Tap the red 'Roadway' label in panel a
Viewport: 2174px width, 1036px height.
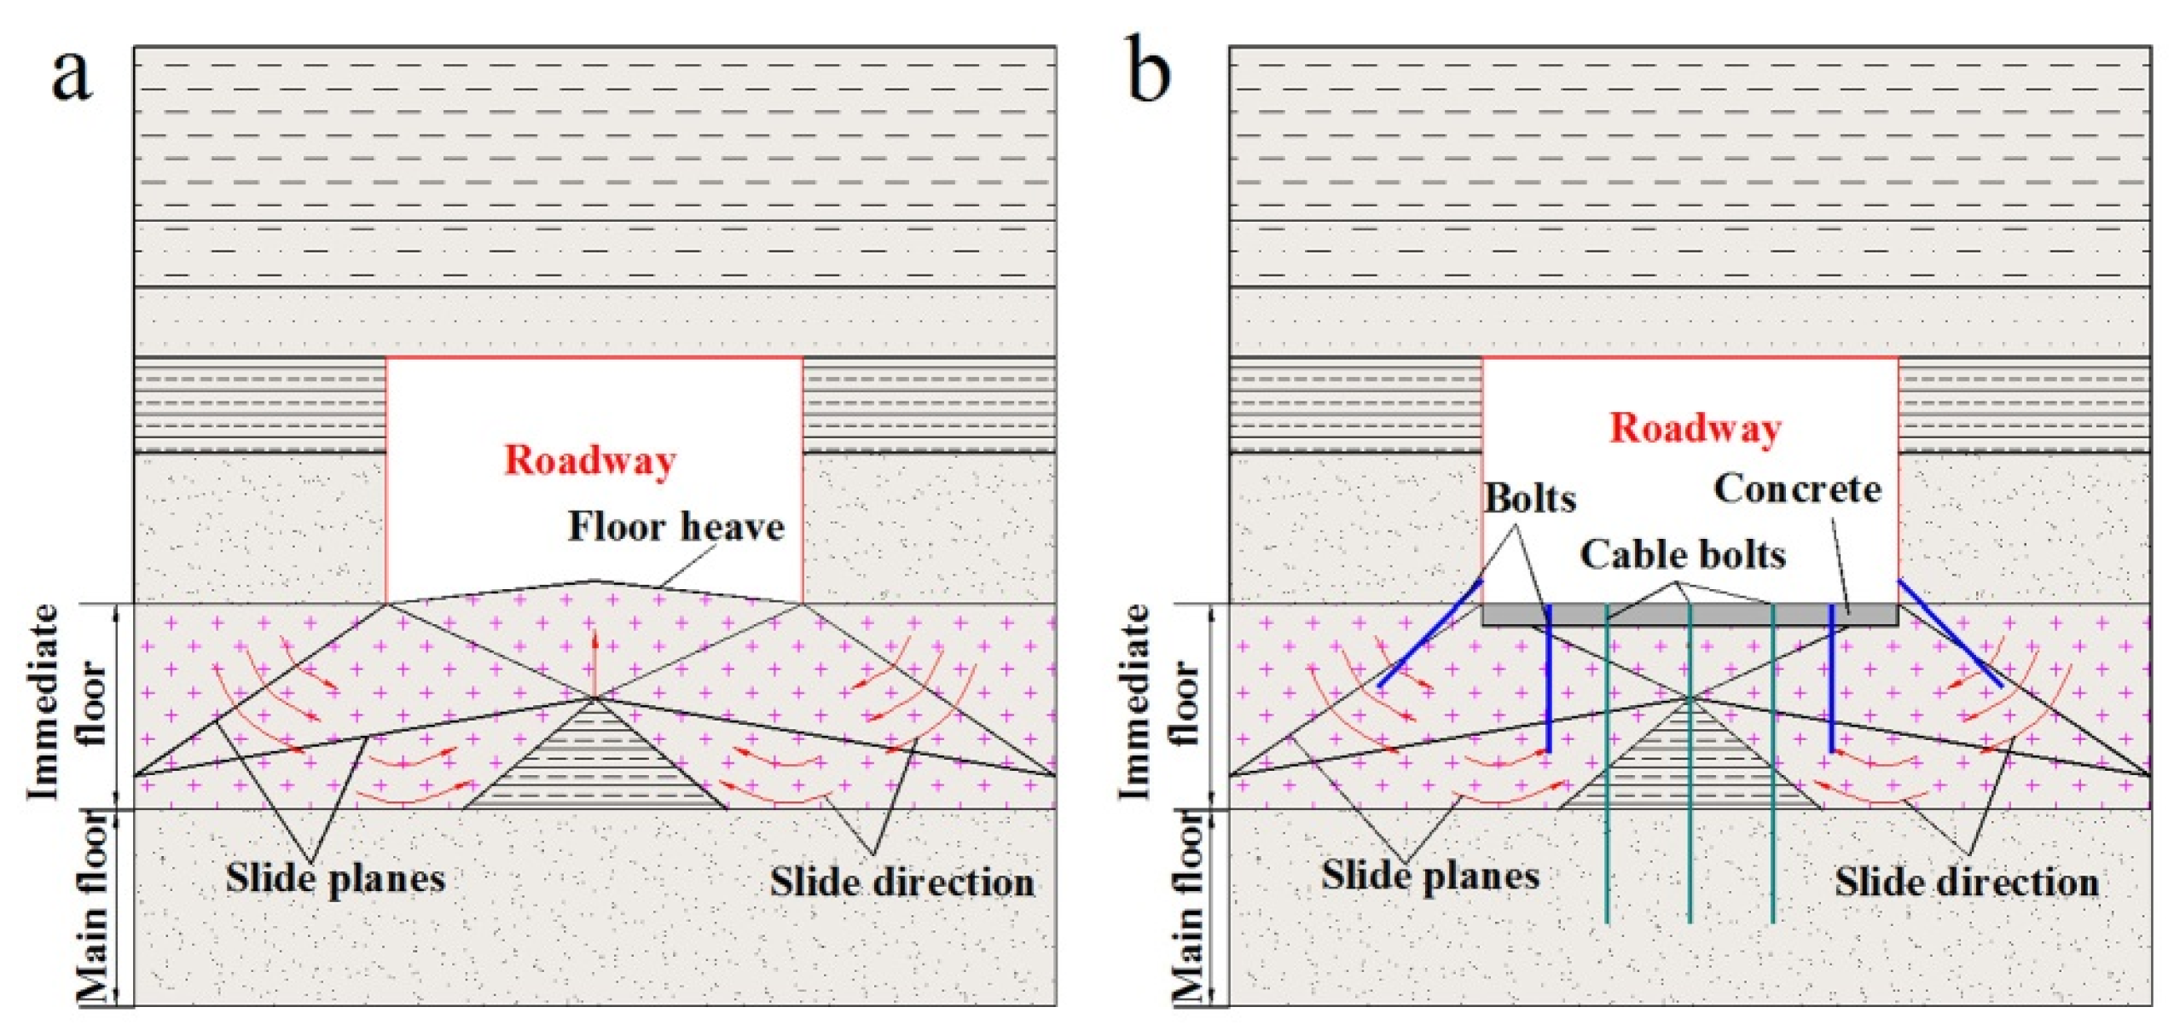[x=590, y=460]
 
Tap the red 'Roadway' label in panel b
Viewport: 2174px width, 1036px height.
[x=1694, y=428]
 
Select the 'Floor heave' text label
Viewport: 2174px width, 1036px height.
[x=675, y=527]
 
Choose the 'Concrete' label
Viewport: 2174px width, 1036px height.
[x=1796, y=489]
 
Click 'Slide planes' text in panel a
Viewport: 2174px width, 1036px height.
[x=335, y=878]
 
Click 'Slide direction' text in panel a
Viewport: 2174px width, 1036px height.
[x=901, y=883]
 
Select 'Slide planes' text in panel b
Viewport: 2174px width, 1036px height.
[x=1430, y=877]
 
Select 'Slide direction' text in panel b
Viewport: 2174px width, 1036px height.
[x=1967, y=883]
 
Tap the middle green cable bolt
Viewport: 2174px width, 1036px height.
[x=1690, y=767]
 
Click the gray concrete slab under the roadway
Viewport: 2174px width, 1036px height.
[x=1689, y=615]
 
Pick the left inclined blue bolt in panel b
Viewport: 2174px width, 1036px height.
[x=1429, y=634]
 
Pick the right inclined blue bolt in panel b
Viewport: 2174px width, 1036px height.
[x=1950, y=634]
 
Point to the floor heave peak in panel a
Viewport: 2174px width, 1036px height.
[x=594, y=582]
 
